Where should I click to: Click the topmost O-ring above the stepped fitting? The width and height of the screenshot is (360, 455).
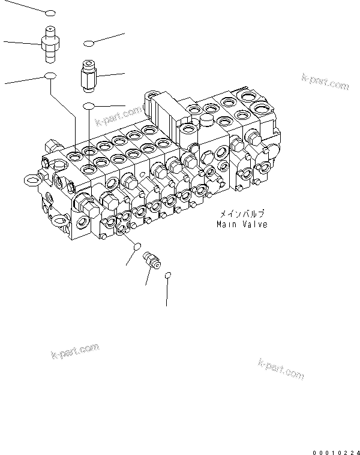coord(50,13)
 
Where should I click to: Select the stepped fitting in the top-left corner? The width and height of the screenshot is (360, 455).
coord(49,43)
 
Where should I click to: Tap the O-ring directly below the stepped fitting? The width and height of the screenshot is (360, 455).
coord(50,76)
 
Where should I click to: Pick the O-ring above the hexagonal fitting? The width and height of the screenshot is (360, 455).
coord(89,43)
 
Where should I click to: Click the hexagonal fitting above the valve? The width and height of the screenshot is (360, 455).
coord(88,76)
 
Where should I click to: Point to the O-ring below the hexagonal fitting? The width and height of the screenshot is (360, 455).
coord(89,106)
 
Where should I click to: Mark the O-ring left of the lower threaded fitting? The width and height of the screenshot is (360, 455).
coord(137,246)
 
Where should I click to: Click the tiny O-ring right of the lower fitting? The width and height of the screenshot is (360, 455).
coord(169,275)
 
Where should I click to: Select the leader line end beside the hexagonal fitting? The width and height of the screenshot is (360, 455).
coord(124,74)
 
